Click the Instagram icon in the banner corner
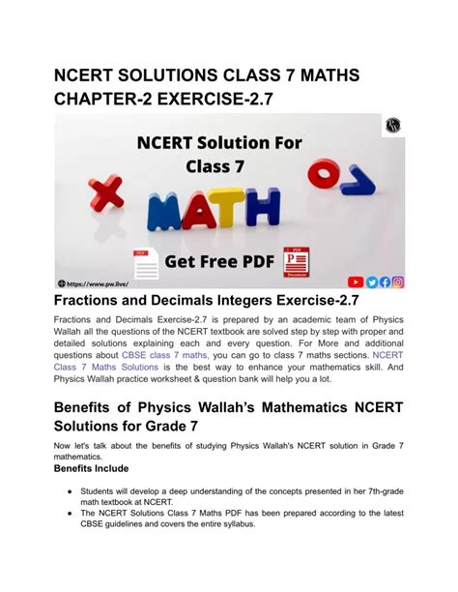click(398, 282)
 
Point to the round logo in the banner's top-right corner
click(393, 126)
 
